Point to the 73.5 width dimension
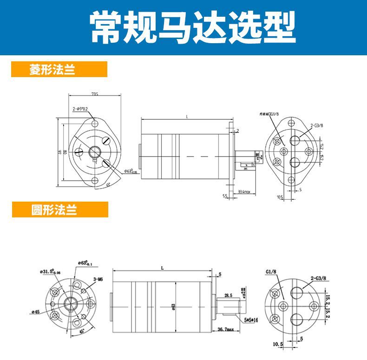(x=95, y=94)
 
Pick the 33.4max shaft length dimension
(x=244, y=191)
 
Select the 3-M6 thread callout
(x=98, y=279)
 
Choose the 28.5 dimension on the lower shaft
(x=228, y=295)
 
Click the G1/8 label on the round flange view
(x=271, y=272)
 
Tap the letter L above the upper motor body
(x=187, y=117)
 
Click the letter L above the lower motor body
(x=162, y=268)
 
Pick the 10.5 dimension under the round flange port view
(x=278, y=344)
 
